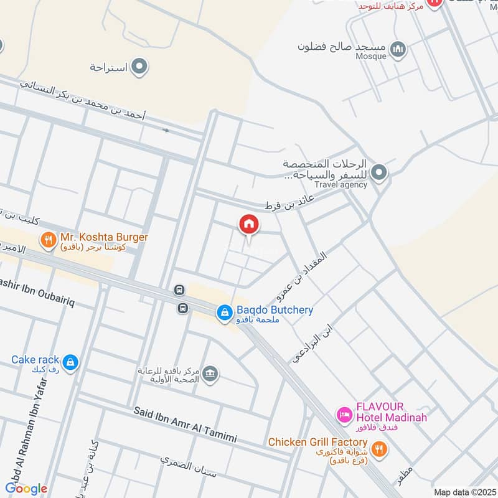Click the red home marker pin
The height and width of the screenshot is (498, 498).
pyautogui.click(x=248, y=224)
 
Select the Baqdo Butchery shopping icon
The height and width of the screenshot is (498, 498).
pyautogui.click(x=224, y=314)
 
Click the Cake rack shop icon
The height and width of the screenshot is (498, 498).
pyautogui.click(x=70, y=362)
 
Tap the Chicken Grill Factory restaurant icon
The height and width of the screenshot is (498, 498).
pyautogui.click(x=378, y=448)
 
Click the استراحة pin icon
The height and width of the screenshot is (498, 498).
pyautogui.click(x=139, y=67)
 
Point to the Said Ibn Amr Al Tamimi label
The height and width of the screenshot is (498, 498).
pyautogui.click(x=185, y=425)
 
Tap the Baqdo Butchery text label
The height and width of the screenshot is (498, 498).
pyautogui.click(x=273, y=310)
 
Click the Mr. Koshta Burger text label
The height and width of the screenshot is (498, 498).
pyautogui.click(x=104, y=238)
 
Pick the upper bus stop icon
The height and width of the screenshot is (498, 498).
pyautogui.click(x=179, y=290)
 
